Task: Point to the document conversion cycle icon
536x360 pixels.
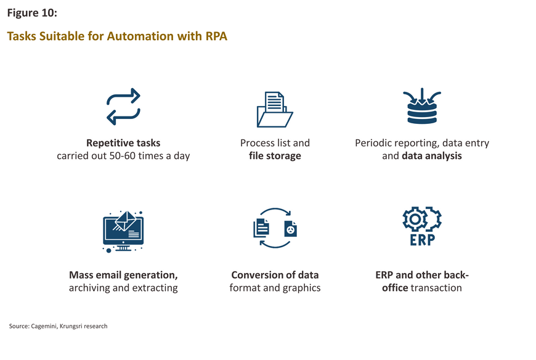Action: coord(275,209)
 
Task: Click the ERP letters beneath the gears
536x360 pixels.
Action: coord(423,240)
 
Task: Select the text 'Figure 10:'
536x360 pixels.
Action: coord(32,13)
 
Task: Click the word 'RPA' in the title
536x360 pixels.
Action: coord(216,36)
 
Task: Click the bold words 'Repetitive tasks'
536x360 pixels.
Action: coord(123,143)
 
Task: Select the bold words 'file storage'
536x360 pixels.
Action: coord(275,156)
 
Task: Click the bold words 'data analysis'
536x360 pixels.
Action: coord(432,156)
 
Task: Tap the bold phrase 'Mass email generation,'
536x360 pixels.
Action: coord(123,275)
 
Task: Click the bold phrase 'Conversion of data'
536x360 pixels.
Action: coord(275,275)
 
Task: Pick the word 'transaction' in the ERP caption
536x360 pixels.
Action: coord(436,288)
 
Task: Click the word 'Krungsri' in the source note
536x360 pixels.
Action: coord(71,326)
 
